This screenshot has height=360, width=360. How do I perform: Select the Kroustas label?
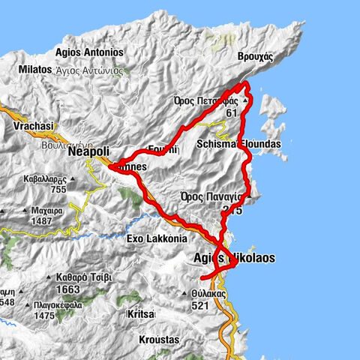pyautogui.click(x=159, y=340)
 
